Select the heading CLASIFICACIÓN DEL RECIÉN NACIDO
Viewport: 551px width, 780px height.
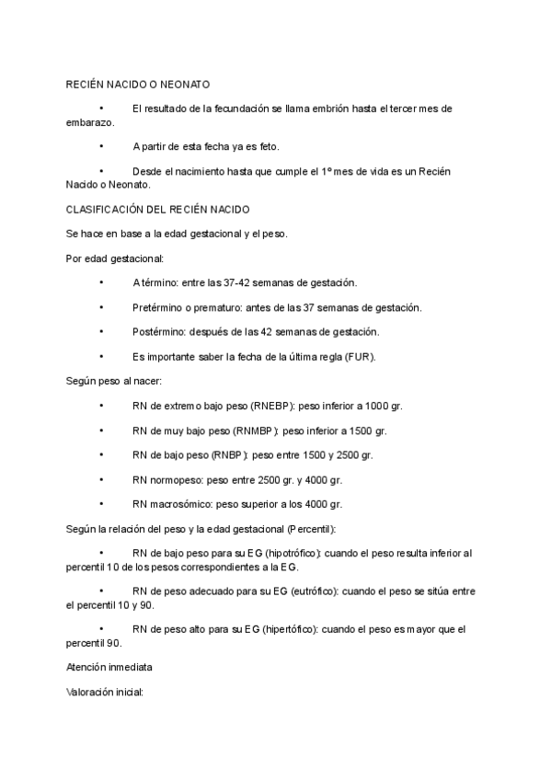[158, 210]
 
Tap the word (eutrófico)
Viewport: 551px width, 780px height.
[316, 594]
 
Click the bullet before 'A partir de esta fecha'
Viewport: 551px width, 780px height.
[100, 146]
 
